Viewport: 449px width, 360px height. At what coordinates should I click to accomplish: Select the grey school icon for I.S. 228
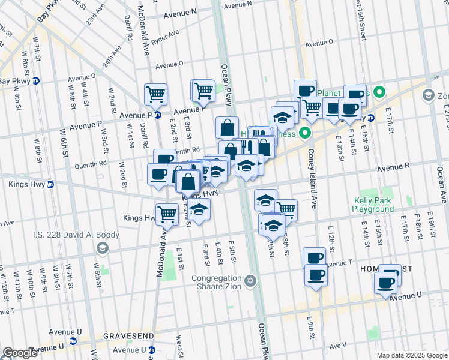(x=103, y=248)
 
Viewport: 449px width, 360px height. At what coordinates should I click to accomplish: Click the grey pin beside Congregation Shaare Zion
(x=250, y=280)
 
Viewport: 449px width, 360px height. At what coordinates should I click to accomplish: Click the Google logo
(x=20, y=353)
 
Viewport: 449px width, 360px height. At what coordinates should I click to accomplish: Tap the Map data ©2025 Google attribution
(x=412, y=355)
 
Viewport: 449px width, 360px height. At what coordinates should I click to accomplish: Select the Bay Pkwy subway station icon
(x=36, y=80)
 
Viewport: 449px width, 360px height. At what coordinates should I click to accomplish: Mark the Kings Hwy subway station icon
(x=50, y=184)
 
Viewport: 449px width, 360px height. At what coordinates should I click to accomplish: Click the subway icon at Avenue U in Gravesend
(x=74, y=342)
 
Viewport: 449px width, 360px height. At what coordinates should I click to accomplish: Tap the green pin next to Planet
(x=379, y=93)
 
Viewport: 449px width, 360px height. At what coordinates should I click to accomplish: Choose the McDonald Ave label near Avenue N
(x=143, y=30)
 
